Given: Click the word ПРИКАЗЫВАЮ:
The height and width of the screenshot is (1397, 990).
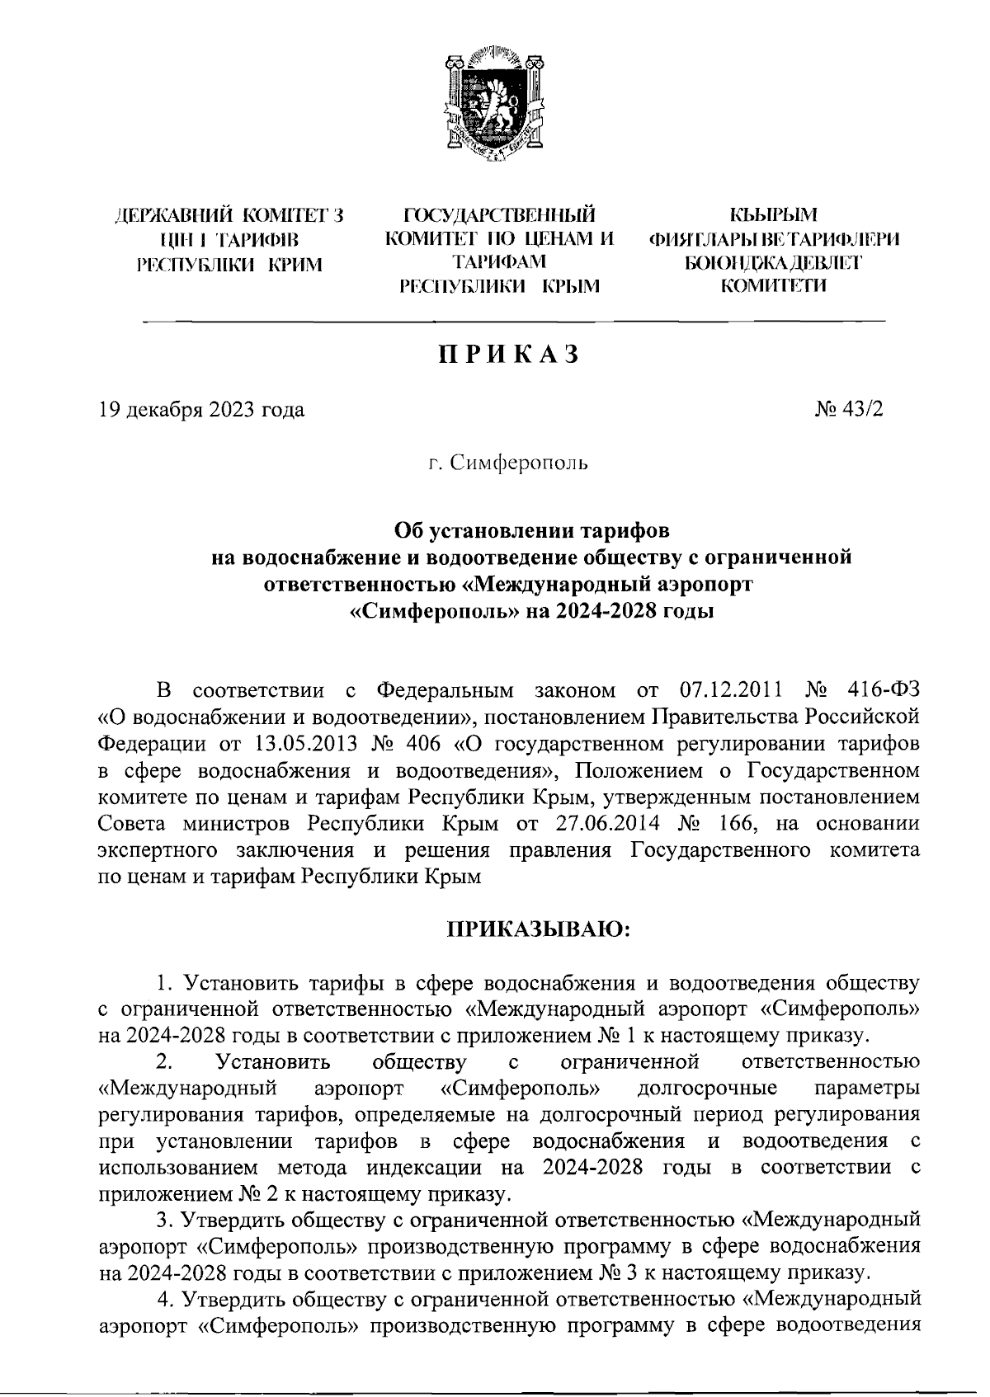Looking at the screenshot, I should click(x=539, y=930).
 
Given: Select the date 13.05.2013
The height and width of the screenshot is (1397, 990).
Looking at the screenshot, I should click(x=303, y=744).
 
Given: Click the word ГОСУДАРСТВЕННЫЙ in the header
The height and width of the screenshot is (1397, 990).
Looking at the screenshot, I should click(x=499, y=217).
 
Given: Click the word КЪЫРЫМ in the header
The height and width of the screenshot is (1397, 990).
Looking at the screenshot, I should click(x=774, y=217).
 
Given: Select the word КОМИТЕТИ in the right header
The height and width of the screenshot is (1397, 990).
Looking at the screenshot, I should click(x=773, y=286).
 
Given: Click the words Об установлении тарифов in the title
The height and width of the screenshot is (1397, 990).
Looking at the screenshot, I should click(x=532, y=529).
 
